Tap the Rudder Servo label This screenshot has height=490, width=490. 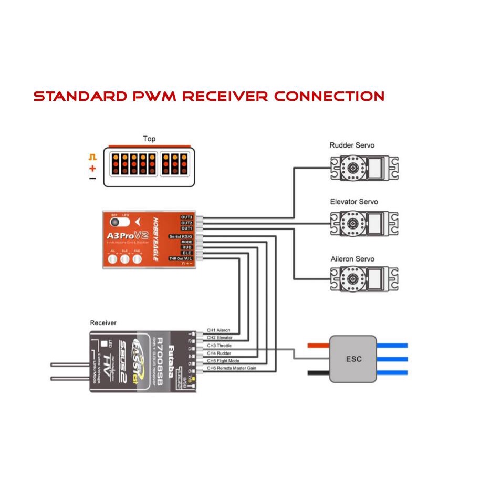[x=352, y=145]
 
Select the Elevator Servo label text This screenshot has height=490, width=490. [x=353, y=202]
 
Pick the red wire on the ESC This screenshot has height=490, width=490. [x=318, y=346]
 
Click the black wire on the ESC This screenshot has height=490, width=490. [x=318, y=373]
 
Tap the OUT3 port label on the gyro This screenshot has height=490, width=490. [x=187, y=217]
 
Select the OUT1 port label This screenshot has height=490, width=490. [x=187, y=228]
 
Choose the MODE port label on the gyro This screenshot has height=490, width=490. [x=186, y=242]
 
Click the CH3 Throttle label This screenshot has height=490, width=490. [x=219, y=346]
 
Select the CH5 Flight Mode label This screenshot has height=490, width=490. [x=222, y=360]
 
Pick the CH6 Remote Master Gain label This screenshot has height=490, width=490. [x=231, y=368]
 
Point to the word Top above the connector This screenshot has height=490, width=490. [x=149, y=139]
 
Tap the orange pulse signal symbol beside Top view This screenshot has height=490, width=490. [x=92, y=157]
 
